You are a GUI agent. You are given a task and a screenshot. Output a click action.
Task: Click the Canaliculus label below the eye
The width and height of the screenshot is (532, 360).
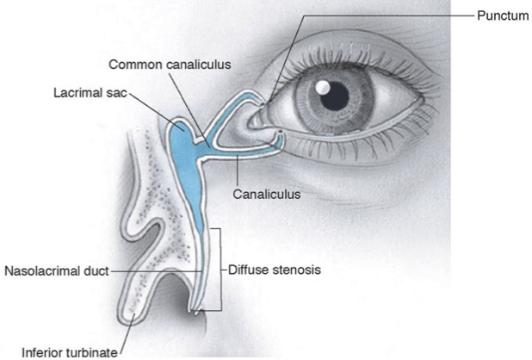click(267, 195)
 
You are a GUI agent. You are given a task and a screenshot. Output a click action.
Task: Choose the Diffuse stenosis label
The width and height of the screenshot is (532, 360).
click(275, 270)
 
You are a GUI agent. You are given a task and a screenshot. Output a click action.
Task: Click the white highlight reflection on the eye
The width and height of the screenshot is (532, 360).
click(320, 88)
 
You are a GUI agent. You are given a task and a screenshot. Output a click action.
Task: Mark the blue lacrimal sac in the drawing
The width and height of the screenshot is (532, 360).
click(183, 142)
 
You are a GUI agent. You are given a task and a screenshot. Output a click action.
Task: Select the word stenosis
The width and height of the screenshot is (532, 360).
click(297, 270)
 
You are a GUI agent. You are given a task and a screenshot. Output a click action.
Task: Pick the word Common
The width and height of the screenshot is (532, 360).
click(133, 65)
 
